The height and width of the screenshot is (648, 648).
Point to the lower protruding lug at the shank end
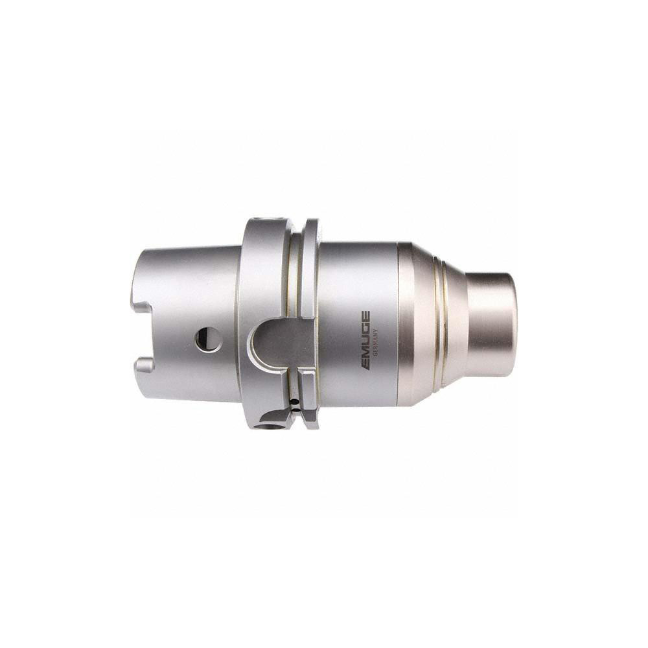tap(145, 369)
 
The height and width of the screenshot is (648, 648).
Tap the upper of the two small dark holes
tap(295, 401)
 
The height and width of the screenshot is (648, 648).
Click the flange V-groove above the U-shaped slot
tap(295, 272)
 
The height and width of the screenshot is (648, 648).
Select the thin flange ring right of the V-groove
tap(309, 272)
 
